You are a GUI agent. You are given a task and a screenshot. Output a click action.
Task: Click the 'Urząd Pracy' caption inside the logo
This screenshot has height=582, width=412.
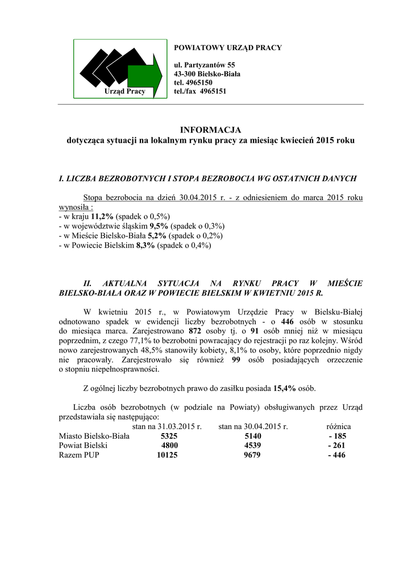coord(125,91)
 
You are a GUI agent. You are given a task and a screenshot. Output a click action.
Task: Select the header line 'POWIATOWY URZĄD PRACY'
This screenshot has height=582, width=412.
coord(227,48)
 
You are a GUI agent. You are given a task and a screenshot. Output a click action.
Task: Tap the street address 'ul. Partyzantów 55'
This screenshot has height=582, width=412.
coord(205,65)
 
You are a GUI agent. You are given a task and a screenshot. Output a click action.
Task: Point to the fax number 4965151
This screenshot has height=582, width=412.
coord(213,91)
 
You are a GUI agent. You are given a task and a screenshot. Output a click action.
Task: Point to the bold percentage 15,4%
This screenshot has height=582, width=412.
coord(285,388)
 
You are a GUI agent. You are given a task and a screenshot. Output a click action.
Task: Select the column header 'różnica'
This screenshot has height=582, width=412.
coord(339,426)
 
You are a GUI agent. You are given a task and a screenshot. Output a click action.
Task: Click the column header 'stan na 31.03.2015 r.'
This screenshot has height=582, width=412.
coord(167,426)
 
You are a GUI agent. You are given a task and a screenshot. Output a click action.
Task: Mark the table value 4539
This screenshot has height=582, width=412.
coord(252,446)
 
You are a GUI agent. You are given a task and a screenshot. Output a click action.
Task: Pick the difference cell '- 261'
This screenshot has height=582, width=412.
coord(337,446)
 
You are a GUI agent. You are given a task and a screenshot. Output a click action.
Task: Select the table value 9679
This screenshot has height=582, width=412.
coord(252,455)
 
